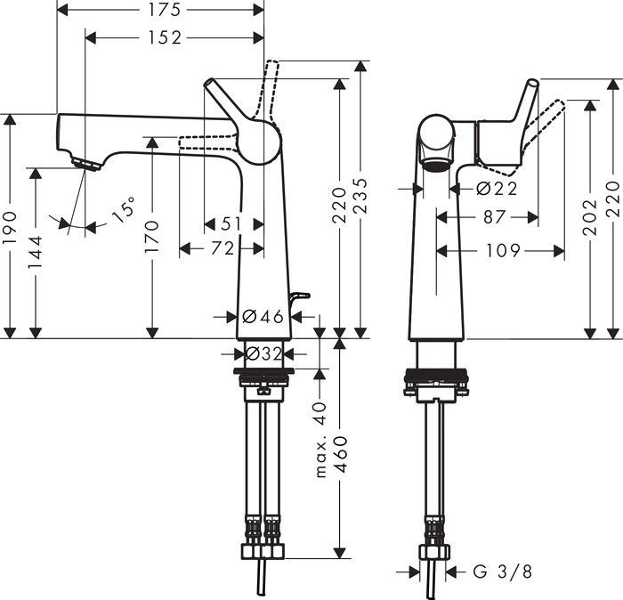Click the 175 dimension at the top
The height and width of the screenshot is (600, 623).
click(161, 11)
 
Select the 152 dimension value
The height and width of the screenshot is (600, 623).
click(165, 37)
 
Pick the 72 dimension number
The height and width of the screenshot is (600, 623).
click(222, 249)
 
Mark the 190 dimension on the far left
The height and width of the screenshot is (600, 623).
click(9, 235)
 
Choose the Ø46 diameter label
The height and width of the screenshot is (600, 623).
click(263, 316)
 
